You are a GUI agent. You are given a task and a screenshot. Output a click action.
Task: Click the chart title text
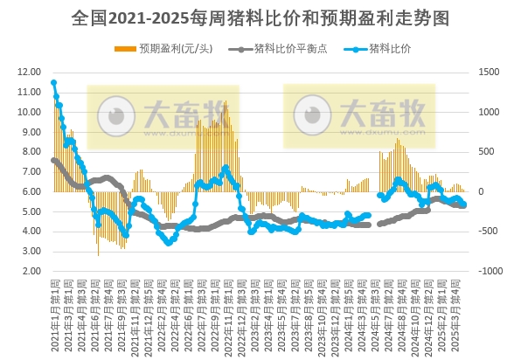260,18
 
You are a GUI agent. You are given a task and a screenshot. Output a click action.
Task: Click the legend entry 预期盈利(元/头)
174,49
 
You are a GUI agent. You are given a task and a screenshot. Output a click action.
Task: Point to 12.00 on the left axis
29,73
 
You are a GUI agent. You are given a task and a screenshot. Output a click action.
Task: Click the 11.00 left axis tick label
29,93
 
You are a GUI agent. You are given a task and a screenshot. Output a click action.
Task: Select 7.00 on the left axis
31,172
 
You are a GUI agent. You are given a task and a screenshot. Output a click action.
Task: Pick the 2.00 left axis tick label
31,272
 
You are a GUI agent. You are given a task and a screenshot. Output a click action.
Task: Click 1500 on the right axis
487,73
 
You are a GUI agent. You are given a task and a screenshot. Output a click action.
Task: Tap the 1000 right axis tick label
487,113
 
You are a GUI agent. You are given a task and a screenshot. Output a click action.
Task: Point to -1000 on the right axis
488,272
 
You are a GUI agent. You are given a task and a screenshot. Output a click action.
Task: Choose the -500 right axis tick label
487,232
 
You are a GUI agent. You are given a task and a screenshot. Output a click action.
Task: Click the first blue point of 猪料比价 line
53,83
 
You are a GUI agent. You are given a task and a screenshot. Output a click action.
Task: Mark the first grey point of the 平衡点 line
53,160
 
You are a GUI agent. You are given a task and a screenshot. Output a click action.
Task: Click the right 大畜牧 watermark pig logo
310,114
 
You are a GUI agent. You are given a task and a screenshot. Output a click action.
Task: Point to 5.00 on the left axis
31,212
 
